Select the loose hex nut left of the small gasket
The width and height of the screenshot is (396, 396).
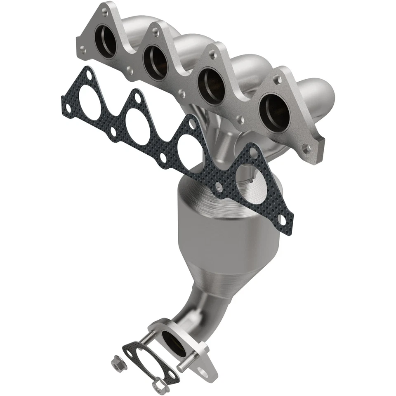(116, 363)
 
